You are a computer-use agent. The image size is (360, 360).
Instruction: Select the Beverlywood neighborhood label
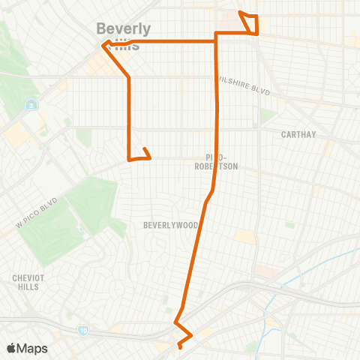(171, 225)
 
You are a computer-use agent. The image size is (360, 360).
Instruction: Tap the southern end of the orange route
(180, 346)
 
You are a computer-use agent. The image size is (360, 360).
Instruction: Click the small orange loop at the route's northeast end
(250, 23)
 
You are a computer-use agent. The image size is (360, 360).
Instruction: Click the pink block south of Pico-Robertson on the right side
(262, 271)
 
